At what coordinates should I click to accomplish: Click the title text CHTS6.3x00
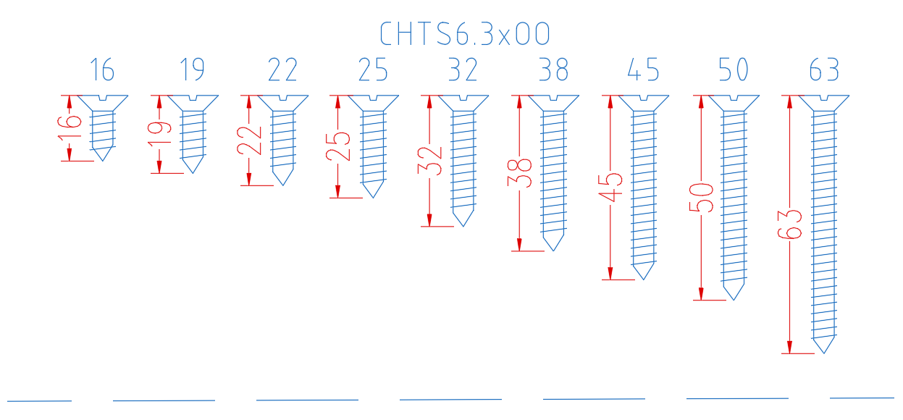click(x=465, y=33)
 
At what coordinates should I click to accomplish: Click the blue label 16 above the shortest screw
click(x=102, y=70)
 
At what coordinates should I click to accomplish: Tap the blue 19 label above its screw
click(x=192, y=70)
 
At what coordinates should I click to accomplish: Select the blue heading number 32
click(x=463, y=70)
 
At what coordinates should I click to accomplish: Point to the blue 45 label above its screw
click(x=643, y=70)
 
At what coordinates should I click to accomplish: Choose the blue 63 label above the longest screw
click(x=824, y=70)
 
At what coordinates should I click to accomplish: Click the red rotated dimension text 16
click(x=70, y=128)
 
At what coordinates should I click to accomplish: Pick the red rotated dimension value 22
click(x=249, y=140)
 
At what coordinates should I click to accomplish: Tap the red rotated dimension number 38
click(x=520, y=173)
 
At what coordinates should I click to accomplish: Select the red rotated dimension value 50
click(x=702, y=198)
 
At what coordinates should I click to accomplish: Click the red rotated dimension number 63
click(x=790, y=224)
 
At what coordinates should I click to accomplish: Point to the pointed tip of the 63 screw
click(x=824, y=353)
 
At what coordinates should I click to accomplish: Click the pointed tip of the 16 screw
click(x=102, y=161)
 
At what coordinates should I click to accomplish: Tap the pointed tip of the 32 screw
click(x=463, y=226)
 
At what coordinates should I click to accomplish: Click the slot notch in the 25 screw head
click(x=374, y=98)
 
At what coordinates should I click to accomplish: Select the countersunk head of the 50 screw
click(x=734, y=103)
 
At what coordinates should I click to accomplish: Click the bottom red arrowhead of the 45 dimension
click(x=610, y=273)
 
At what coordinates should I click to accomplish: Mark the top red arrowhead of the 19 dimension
click(x=159, y=101)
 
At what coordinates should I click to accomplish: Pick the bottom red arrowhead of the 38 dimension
click(x=519, y=245)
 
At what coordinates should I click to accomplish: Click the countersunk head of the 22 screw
click(x=283, y=103)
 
